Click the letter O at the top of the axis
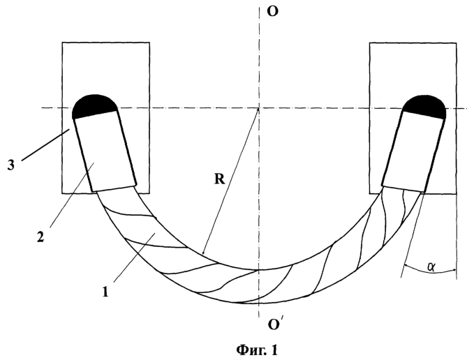(272, 11)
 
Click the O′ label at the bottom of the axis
(274, 324)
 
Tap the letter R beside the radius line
(219, 179)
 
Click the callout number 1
(105, 291)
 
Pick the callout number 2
(40, 237)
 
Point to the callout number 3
(10, 165)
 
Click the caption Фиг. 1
(257, 350)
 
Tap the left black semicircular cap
(94, 106)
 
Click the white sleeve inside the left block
(105, 151)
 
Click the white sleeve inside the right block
(413, 153)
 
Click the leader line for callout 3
(45, 144)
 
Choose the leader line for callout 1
(134, 257)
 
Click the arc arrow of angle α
(430, 269)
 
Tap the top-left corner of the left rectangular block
(62, 43)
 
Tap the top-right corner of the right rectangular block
(457, 43)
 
